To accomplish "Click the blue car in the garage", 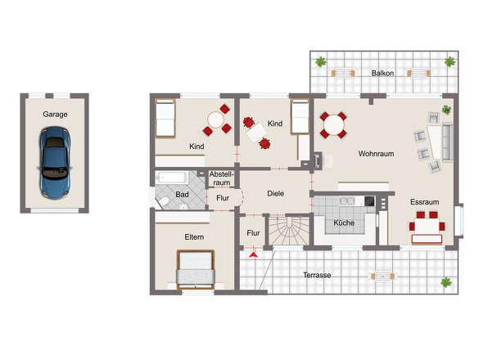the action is click(x=55, y=163).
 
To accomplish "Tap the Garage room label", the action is click(x=55, y=115).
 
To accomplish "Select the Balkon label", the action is click(x=382, y=73).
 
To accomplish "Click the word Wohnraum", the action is click(x=376, y=153).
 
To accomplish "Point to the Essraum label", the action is click(x=425, y=202).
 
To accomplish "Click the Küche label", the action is click(x=344, y=223).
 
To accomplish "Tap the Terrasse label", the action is click(x=317, y=275).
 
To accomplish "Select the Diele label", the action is click(x=276, y=193).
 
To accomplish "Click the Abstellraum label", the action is click(x=222, y=178).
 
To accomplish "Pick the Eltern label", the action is click(x=194, y=236).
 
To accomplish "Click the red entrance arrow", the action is click(x=253, y=254).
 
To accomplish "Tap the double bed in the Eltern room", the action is click(x=196, y=270).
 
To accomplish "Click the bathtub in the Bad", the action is click(x=172, y=178).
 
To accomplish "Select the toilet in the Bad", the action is click(x=163, y=201).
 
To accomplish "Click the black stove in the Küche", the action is click(x=369, y=201).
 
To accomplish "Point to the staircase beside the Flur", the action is click(x=289, y=231).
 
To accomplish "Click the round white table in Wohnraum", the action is click(x=334, y=125).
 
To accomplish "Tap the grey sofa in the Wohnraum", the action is click(x=448, y=142).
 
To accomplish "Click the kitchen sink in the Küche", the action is click(x=347, y=201).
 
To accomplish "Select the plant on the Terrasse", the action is click(x=445, y=282).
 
